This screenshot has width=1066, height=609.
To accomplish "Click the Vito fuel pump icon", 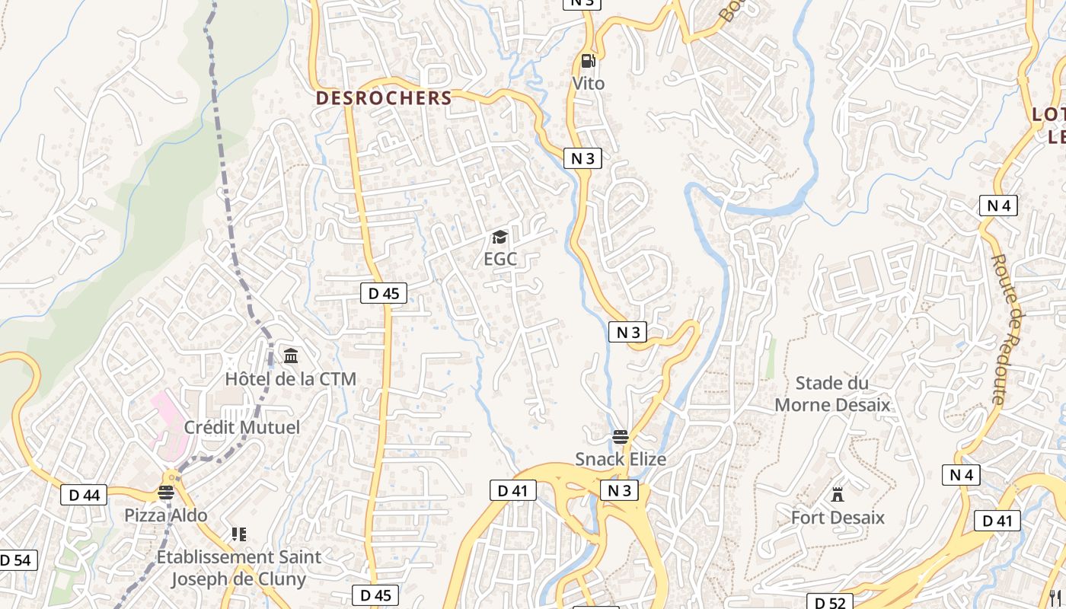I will point(588,60).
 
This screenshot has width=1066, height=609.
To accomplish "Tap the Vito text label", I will point(589,83).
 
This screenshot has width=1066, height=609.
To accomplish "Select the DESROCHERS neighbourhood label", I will point(384,98).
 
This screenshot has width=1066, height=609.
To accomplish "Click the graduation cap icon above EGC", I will point(500,238).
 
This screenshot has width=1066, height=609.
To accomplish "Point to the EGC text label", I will point(500,259).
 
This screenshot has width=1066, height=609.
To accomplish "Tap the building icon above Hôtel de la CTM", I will point(291,356).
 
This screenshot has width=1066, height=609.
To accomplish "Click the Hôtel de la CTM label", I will point(290,378).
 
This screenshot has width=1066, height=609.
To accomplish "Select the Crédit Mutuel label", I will point(242,427).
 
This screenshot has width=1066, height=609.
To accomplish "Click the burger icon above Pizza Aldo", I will point(166,493).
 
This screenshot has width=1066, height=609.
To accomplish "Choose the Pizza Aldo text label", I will point(166,515).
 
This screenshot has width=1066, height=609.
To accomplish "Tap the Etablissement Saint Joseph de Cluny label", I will point(239,568).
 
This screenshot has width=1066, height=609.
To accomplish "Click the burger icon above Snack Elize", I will point(621,437).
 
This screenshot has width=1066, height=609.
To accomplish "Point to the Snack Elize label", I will point(621,459).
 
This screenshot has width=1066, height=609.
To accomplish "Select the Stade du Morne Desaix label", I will point(832,394).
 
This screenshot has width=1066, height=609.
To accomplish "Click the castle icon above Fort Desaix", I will point(838,495).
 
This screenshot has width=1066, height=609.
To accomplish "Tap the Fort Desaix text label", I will point(838,518).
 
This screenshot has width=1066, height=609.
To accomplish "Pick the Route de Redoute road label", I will point(1008,329).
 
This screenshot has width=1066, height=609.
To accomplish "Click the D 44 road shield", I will point(84,495).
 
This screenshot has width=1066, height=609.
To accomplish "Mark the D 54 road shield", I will point(14,560).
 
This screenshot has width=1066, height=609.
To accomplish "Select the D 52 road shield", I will point(829,602).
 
